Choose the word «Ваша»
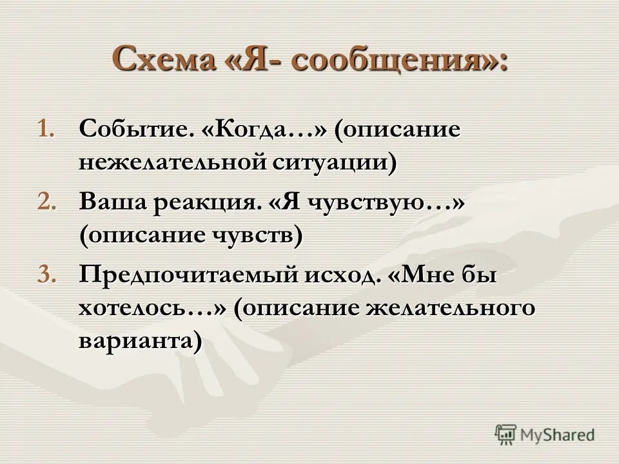(x=113, y=202)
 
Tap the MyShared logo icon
(x=506, y=434)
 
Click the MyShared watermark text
(x=558, y=435)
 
